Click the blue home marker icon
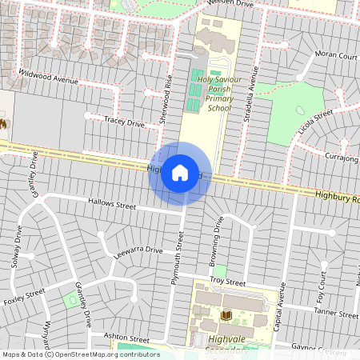point(180,172)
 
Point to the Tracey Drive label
point(124,122)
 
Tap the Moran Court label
point(336,55)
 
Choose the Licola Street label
point(315,125)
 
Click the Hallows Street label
point(112,205)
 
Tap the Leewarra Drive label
point(138,253)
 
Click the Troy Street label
point(227,282)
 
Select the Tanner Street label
point(336,312)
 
